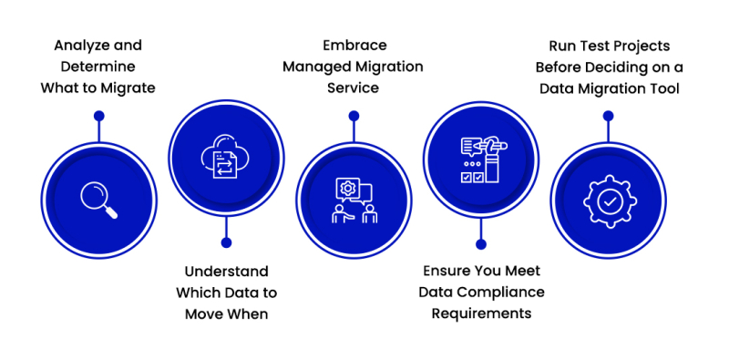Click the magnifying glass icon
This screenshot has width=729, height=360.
click(x=98, y=199)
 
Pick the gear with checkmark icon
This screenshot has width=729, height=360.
click(x=608, y=199)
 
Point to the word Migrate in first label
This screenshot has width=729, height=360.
click(x=128, y=88)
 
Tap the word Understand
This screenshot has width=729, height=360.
click(x=226, y=272)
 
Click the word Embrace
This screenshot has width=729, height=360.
click(x=354, y=45)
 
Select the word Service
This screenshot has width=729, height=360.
click(x=354, y=88)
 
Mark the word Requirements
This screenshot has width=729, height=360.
click(x=480, y=314)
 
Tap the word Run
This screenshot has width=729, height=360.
click(x=565, y=45)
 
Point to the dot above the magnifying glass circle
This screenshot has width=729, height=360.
click(x=98, y=116)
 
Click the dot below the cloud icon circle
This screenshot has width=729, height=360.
click(x=226, y=242)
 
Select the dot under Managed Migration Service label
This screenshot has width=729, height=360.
click(x=354, y=116)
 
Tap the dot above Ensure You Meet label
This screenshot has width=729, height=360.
click(x=480, y=243)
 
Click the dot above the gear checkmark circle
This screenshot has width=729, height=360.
click(x=608, y=116)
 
